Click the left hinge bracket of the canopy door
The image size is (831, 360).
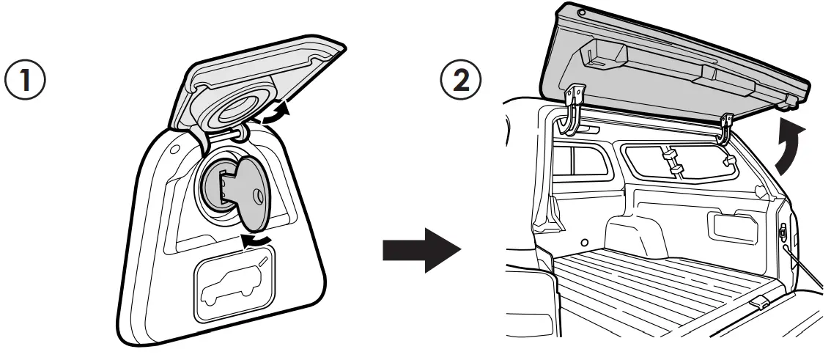[x=573, y=110]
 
